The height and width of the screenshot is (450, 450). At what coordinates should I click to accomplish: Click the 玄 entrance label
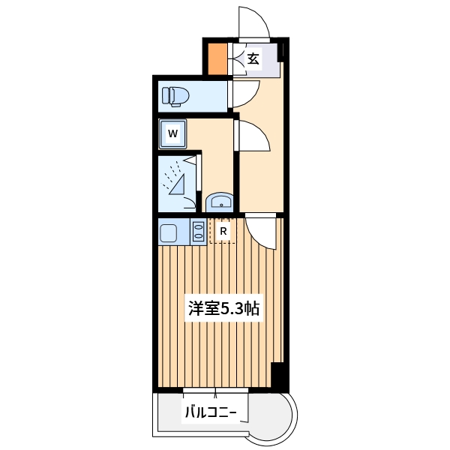coord(253,59)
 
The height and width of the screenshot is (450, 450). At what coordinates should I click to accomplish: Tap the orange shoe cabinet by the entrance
coord(217,59)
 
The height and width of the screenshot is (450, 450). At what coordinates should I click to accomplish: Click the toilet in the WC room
coord(176,96)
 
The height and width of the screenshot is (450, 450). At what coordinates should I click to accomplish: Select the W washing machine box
coord(172,134)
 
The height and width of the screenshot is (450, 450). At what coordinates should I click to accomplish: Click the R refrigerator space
coord(223,231)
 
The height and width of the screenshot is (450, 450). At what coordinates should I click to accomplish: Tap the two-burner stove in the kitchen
coord(199,232)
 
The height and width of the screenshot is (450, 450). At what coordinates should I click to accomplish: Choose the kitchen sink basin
coord(168,232)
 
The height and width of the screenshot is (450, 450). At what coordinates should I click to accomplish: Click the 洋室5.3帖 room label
coord(224,308)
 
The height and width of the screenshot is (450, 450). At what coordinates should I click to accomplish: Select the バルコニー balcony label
coord(211,412)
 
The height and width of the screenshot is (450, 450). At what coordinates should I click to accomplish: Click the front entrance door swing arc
coord(254,22)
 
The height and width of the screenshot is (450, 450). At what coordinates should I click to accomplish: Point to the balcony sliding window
coord(216,391)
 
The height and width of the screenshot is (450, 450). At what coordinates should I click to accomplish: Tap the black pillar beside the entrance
coord(282,51)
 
